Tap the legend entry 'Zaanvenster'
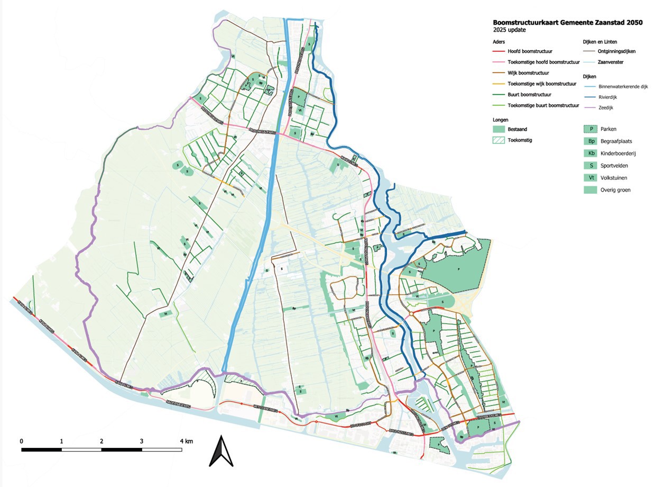pyautogui.click(x=611, y=62)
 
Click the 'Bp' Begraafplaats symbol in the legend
pyautogui.click(x=589, y=141)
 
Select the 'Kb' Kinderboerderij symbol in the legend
pyautogui.click(x=589, y=154)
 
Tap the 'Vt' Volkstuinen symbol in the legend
pyautogui.click(x=589, y=177)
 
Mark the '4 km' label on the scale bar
pyautogui.click(x=185, y=441)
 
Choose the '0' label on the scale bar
pyautogui.click(x=22, y=441)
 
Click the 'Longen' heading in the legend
pyautogui.click(x=501, y=119)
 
